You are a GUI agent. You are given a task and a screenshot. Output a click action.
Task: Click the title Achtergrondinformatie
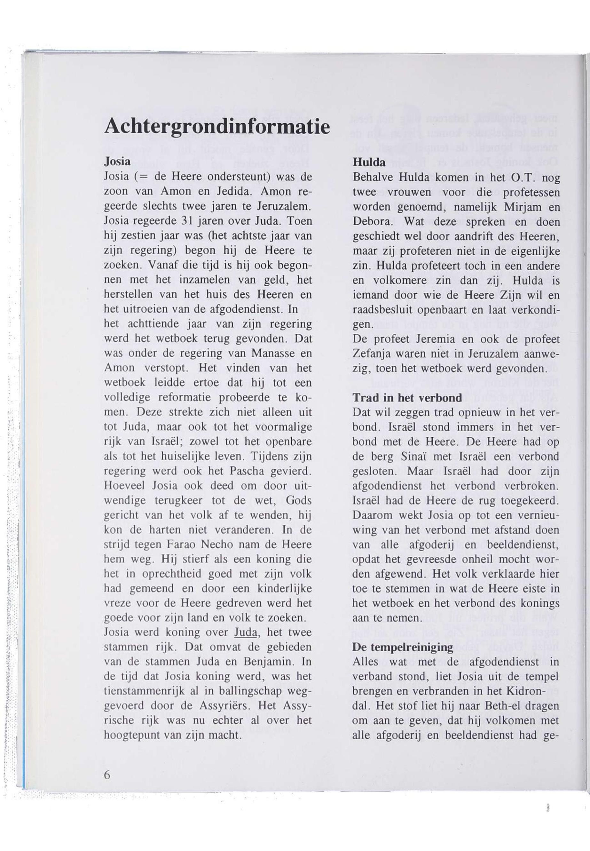tap(217, 127)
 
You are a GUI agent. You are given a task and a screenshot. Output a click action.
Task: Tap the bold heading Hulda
tap(369, 162)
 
